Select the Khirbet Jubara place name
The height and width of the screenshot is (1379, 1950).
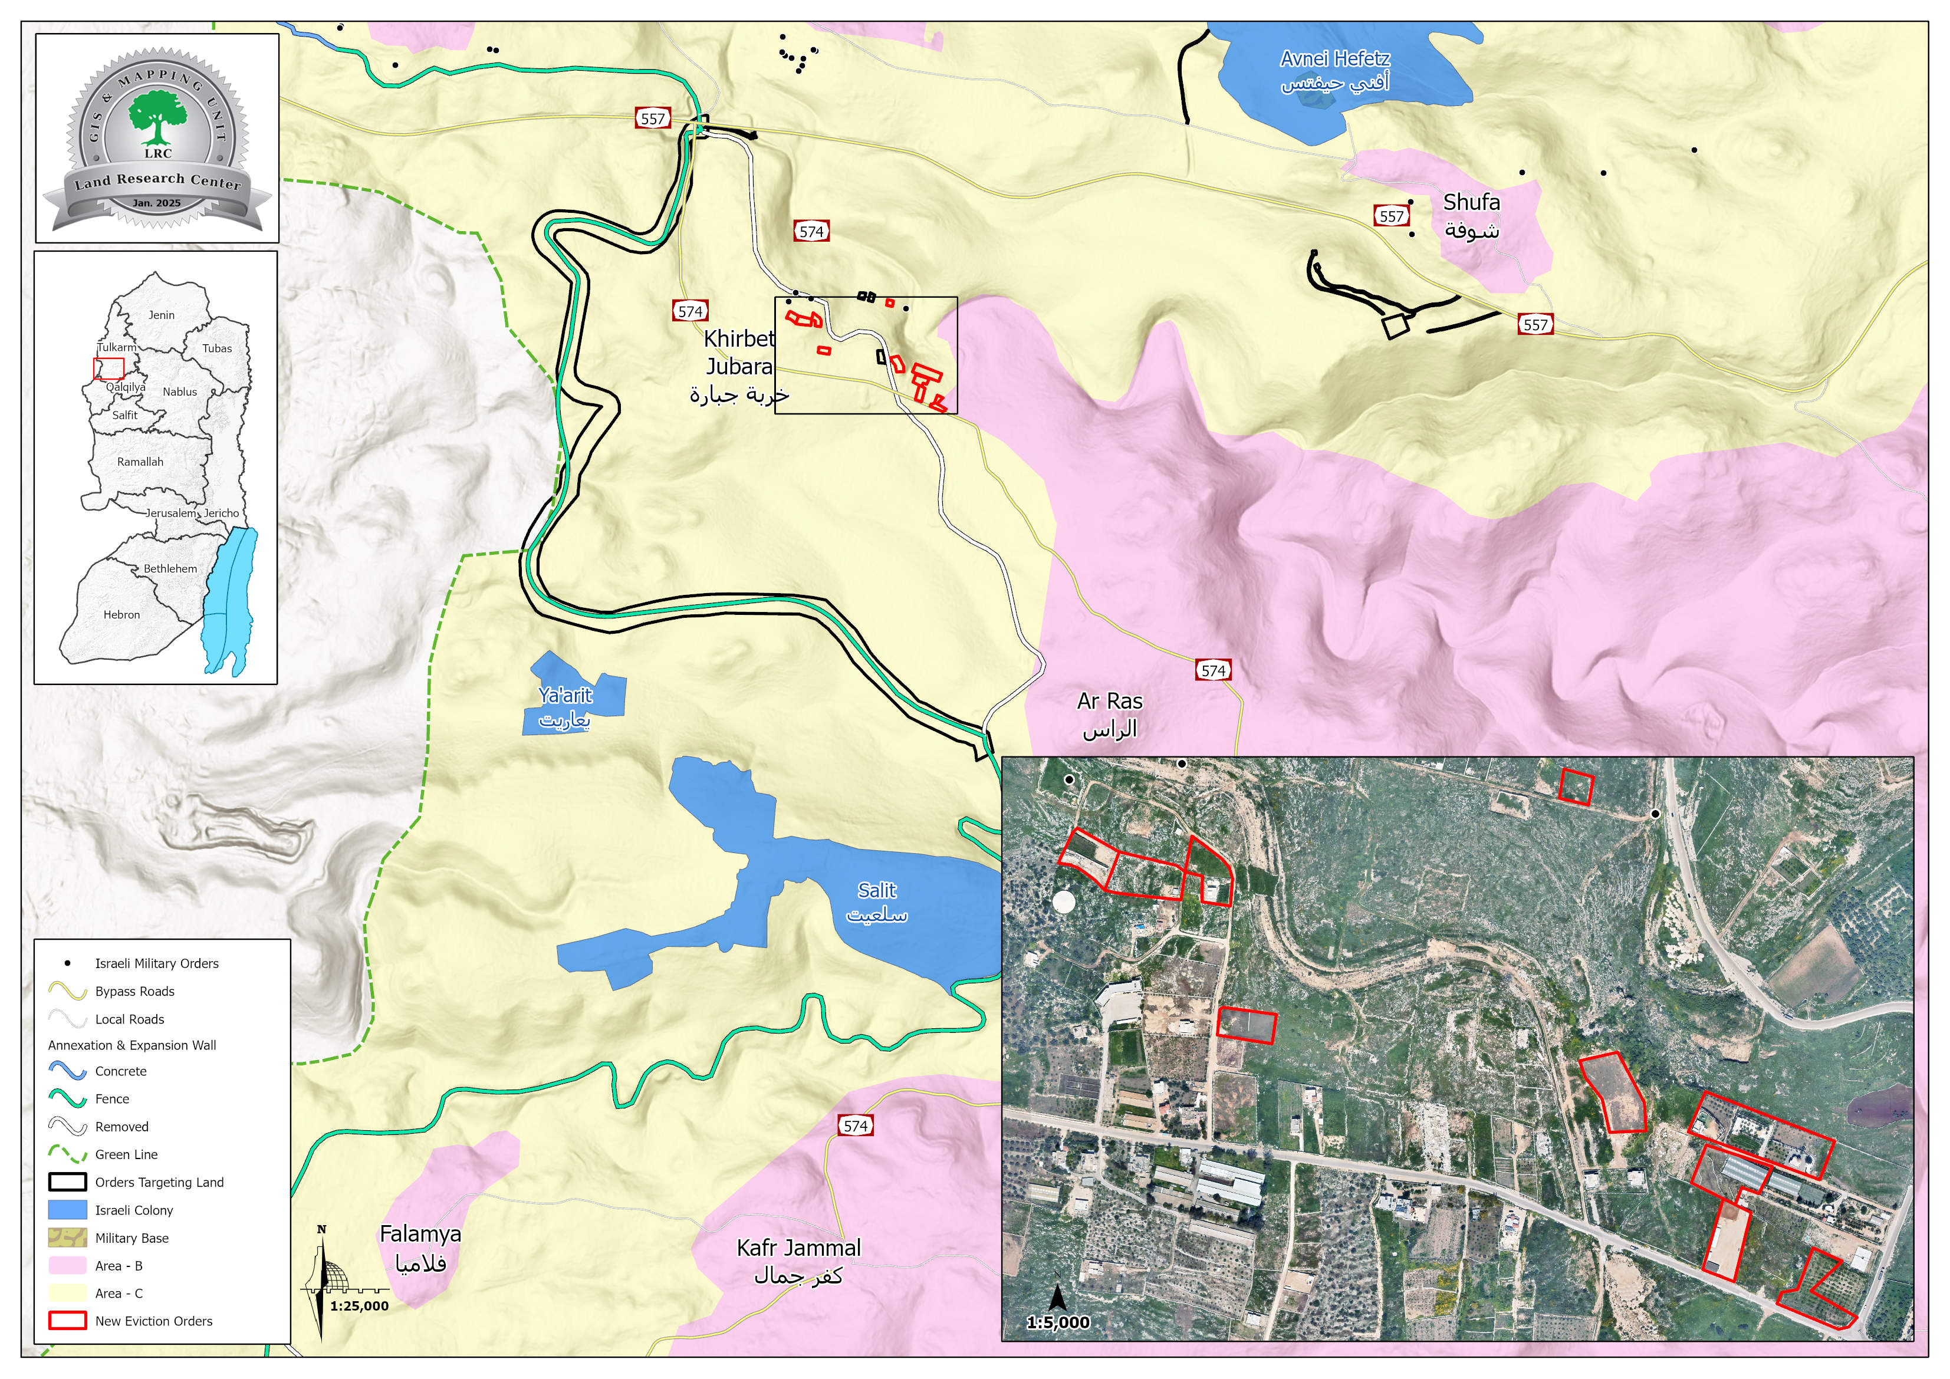coord(739,366)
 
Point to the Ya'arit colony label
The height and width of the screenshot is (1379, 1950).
coord(565,706)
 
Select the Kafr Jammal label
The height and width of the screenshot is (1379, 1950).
coord(798,1260)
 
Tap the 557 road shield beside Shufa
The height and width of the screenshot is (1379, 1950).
coord(1391,216)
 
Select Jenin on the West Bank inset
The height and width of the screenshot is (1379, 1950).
coord(162,315)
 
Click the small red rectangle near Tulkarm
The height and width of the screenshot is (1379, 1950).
coord(108,368)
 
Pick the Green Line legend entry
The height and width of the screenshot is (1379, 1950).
coord(126,1154)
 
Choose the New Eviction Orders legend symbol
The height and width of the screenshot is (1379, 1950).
coord(67,1321)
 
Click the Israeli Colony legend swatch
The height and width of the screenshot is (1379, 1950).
coord(67,1209)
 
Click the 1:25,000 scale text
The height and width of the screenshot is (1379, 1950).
coord(359,1306)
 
